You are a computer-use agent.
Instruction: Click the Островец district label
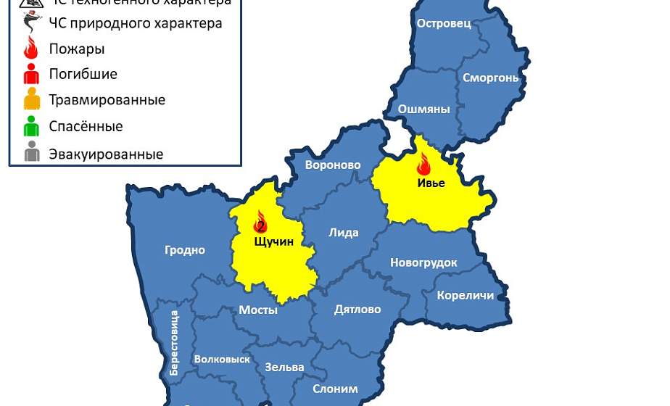444,23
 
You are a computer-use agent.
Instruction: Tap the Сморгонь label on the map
491,77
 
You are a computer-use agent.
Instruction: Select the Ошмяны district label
424,109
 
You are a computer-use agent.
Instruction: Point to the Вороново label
333,165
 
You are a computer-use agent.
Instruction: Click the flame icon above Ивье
423,165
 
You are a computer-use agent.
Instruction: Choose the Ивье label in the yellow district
431,183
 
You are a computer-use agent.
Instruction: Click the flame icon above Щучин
260,222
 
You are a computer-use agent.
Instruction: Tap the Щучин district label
274,241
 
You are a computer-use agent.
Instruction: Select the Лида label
344,233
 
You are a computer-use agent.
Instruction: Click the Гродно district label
185,250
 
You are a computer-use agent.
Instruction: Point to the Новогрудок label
423,262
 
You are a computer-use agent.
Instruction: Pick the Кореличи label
466,295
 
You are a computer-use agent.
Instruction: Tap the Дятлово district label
357,310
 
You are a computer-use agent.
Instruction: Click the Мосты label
258,310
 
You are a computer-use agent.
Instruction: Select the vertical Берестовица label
174,343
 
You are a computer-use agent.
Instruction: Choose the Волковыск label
222,359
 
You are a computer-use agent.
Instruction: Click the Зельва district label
284,367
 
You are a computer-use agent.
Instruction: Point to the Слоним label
335,389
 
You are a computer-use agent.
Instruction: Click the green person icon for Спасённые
31,127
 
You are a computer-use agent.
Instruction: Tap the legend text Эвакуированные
106,154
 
